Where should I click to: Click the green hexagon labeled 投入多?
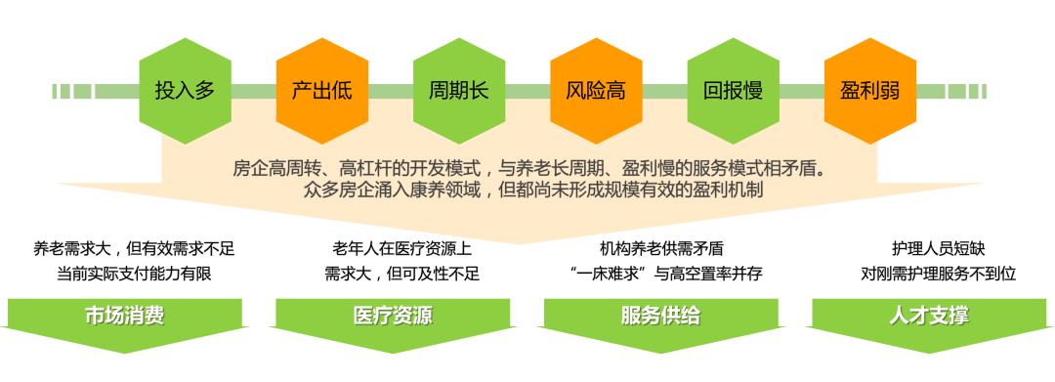(185, 91)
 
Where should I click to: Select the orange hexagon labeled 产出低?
(322, 91)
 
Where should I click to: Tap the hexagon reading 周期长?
(459, 91)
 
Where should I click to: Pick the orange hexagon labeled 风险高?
(596, 91)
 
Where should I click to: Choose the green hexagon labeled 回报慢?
(733, 91)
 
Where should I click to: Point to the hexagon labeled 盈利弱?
(870, 91)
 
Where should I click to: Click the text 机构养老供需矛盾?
(661, 249)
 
